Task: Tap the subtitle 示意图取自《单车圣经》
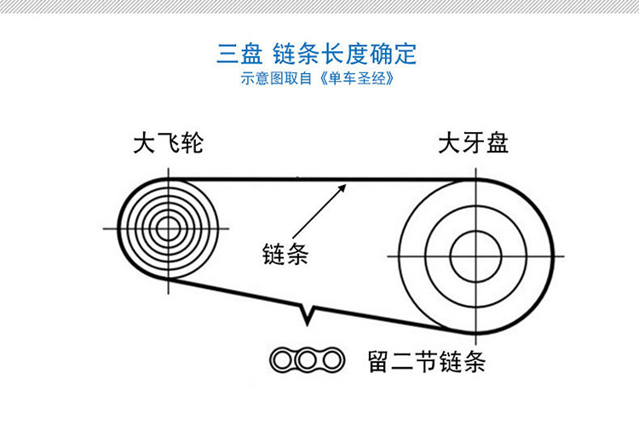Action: (317, 79)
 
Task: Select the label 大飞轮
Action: (169, 142)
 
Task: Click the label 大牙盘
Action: (473, 142)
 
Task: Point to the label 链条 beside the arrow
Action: (285, 254)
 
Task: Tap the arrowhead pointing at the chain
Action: (343, 185)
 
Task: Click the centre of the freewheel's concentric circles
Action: (169, 228)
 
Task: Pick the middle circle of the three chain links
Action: (307, 360)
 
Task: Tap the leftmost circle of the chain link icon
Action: (283, 360)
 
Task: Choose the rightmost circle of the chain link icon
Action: (331, 360)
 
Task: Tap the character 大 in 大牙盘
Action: (449, 142)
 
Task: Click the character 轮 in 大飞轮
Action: (193, 142)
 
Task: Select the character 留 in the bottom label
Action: (380, 361)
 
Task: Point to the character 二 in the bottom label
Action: (403, 361)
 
